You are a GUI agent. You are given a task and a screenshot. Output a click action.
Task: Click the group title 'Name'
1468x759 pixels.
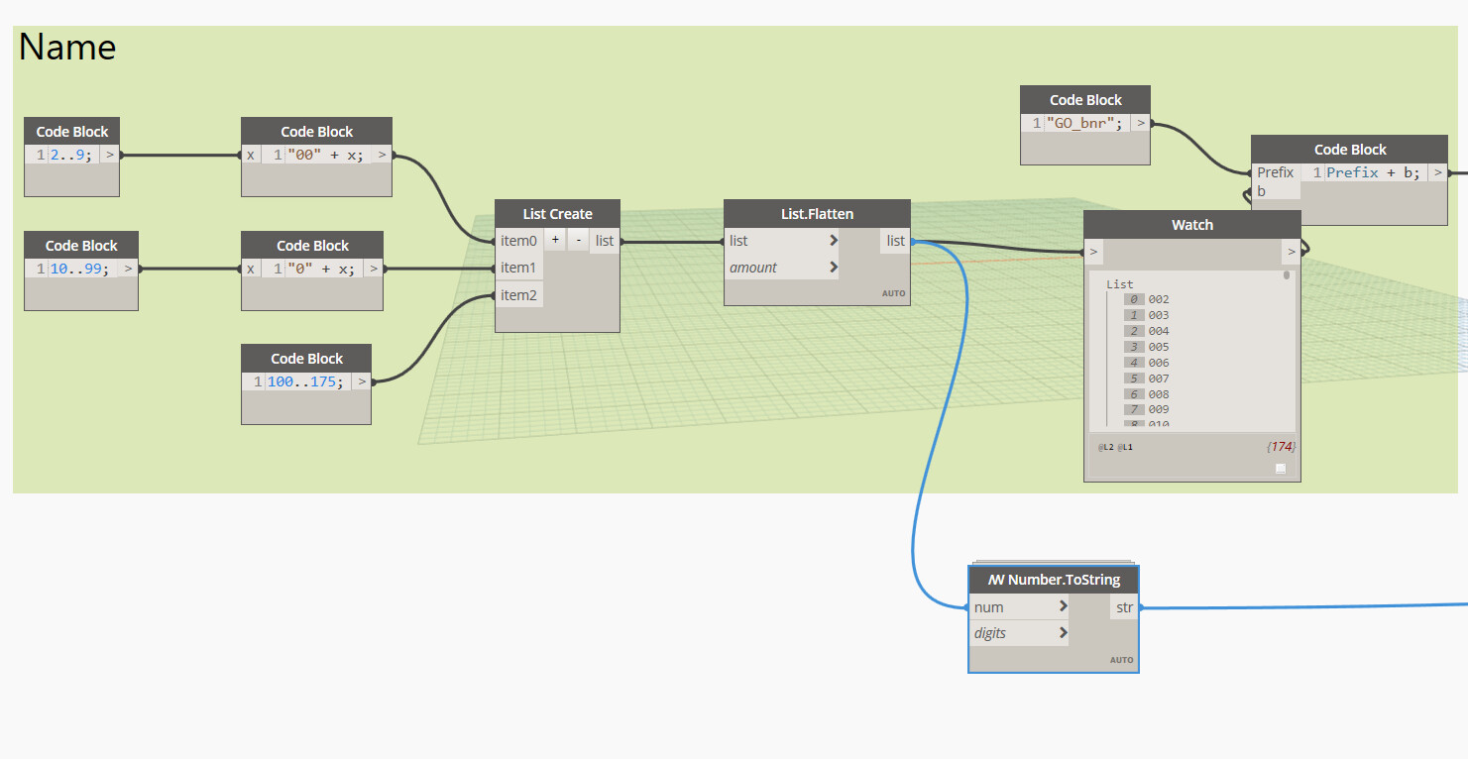tap(66, 48)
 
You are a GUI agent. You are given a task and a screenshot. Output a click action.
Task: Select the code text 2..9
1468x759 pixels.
tap(70, 156)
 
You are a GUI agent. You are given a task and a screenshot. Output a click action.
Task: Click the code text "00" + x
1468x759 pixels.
tap(325, 156)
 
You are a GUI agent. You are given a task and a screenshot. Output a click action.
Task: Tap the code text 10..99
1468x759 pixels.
tap(79, 270)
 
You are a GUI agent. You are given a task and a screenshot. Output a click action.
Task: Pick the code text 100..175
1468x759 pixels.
tap(304, 381)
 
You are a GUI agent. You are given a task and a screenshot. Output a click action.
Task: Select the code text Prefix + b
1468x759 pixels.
tap(1373, 172)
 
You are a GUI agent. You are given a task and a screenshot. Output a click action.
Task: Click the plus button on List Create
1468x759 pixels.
tap(555, 240)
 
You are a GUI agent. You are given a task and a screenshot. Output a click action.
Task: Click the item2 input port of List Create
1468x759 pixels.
tap(518, 295)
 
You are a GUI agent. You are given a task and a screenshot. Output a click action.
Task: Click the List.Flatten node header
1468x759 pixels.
tap(817, 214)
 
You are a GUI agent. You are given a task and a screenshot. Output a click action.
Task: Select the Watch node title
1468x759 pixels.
tap(1192, 225)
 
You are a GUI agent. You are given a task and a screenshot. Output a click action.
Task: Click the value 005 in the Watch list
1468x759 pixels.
tap(1158, 347)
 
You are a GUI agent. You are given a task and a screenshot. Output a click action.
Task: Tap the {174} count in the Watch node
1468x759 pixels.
tap(1281, 447)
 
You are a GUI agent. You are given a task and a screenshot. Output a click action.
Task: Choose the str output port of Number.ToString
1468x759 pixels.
tap(1124, 607)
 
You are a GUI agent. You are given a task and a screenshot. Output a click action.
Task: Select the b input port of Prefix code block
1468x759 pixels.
tap(1261, 191)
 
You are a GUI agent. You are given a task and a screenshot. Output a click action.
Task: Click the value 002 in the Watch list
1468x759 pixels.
tap(1158, 299)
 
